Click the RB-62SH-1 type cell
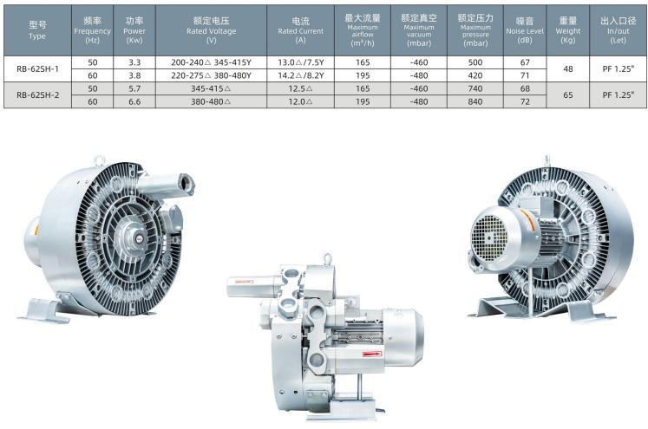click(37, 69)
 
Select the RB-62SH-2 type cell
click(37, 95)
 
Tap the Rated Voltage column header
click(211, 30)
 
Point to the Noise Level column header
click(525, 30)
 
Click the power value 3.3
click(134, 62)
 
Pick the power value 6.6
click(134, 101)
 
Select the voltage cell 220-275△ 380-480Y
click(211, 75)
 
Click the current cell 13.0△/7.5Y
click(300, 62)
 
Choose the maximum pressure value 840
click(475, 101)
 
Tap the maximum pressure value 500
click(475, 62)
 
